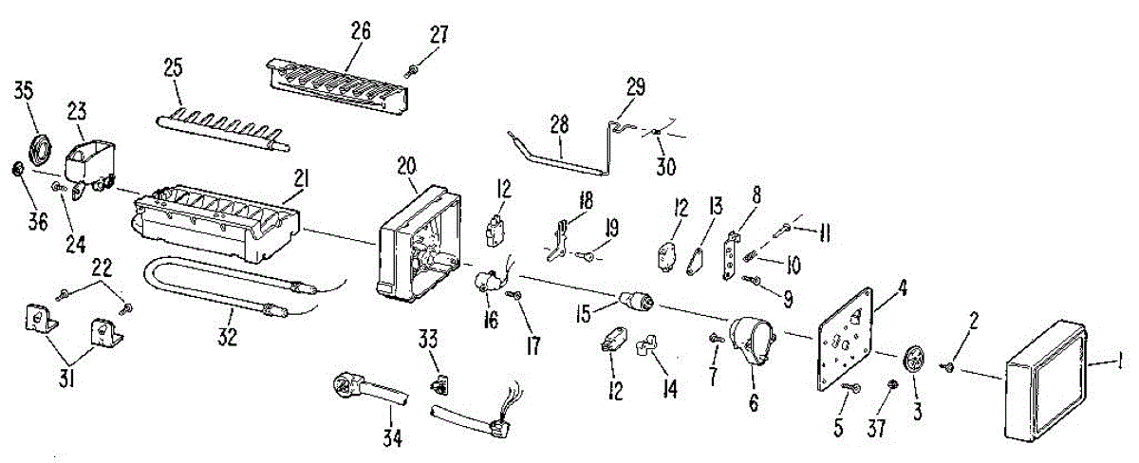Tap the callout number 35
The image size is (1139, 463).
(x=23, y=91)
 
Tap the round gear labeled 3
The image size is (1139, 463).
(x=914, y=361)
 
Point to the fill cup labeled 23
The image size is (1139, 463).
(x=90, y=157)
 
